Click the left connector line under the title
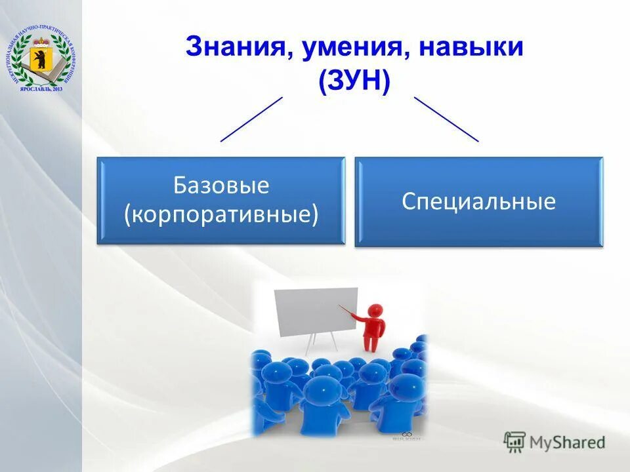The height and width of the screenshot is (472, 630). click(x=251, y=119)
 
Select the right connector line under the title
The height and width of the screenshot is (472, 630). click(x=446, y=119)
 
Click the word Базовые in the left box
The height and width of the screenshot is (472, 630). click(x=221, y=186)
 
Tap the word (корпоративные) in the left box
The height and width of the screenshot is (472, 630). click(x=221, y=214)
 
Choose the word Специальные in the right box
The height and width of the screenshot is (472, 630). click(x=478, y=201)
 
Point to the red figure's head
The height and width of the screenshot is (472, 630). click(x=375, y=309)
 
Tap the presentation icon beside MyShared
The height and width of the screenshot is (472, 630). click(x=514, y=442)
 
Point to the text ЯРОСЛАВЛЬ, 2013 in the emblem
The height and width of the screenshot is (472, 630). click(x=41, y=88)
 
